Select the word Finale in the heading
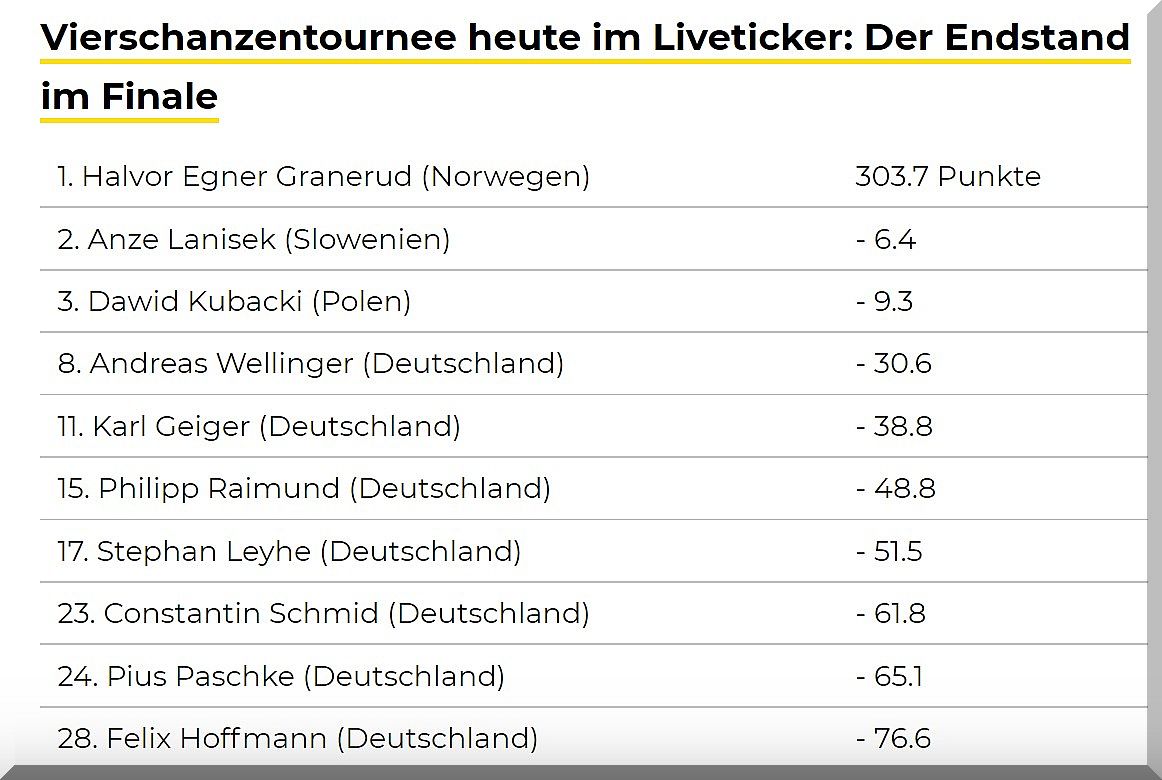160,97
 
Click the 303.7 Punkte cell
947,177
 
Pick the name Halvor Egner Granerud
246,177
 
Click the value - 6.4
886,240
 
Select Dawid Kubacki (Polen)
234,302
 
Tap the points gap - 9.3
884,302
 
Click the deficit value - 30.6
893,364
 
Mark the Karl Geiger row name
171,427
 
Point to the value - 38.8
894,427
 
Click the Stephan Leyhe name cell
204,551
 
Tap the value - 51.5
889,551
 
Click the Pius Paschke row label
200,676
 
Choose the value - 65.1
889,676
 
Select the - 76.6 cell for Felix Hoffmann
893,739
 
